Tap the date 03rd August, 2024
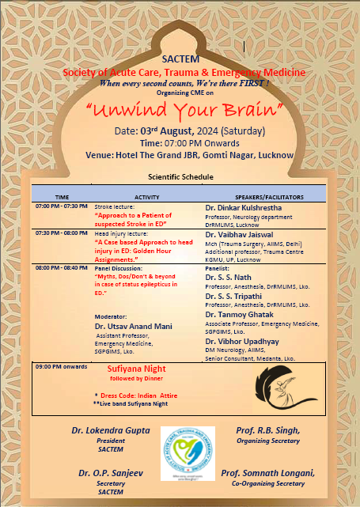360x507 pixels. [x=189, y=131]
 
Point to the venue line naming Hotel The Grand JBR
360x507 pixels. [x=190, y=155]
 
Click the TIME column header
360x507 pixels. [x=62, y=195]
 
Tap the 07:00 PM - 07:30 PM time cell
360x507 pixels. [x=63, y=206]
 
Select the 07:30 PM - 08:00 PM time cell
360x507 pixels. [x=63, y=233]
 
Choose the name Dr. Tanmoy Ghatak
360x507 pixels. [x=240, y=314]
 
